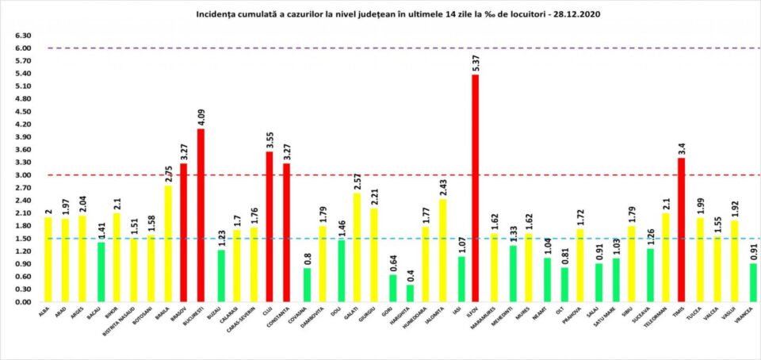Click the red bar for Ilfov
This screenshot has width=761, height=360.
click(x=475, y=189)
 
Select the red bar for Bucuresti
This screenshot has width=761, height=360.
click(x=200, y=215)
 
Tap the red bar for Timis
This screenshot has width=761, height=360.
click(x=681, y=230)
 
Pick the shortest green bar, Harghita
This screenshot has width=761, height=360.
click(x=410, y=293)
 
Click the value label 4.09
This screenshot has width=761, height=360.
click(x=201, y=117)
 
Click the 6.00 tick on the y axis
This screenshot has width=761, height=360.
click(x=23, y=48)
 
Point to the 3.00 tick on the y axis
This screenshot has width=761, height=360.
click(x=23, y=175)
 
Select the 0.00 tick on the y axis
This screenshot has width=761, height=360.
click(x=23, y=302)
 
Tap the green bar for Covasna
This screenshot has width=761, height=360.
click(x=307, y=285)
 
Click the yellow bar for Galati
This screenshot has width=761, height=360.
click(x=355, y=247)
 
